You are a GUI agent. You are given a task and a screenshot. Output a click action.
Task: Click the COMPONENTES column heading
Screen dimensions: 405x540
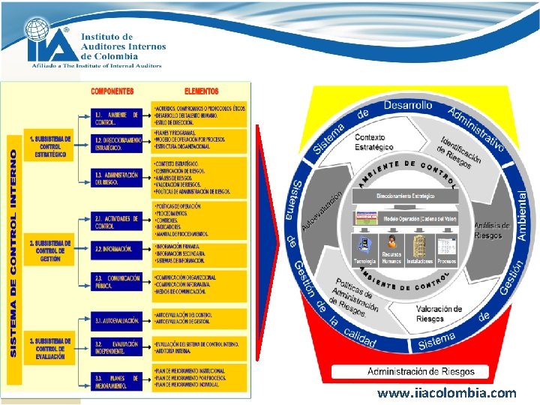coord(112,91)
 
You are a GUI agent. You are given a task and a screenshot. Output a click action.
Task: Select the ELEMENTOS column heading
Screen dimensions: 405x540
coord(200,91)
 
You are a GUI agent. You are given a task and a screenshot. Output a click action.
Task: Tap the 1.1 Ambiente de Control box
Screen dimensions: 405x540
coord(116,118)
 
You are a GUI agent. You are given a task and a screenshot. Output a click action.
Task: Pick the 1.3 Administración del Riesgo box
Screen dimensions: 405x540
coord(116,178)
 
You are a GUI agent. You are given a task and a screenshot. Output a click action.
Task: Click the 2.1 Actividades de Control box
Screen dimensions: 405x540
coord(116,222)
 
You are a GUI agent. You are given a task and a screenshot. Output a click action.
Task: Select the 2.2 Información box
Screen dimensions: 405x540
coord(116,248)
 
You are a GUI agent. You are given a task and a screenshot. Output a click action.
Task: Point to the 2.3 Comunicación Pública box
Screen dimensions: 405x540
coord(116,280)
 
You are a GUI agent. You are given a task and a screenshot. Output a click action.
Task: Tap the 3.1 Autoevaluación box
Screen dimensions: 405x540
coord(116,320)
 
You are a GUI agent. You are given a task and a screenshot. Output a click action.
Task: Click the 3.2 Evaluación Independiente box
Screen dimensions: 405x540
coord(116,346)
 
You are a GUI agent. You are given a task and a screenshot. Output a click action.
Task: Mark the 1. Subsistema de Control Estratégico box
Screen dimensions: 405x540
coord(50,146)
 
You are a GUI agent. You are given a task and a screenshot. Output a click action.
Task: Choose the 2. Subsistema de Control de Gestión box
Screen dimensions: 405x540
coord(50,250)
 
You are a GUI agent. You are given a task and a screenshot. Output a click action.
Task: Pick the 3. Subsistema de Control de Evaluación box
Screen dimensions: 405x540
coord(50,349)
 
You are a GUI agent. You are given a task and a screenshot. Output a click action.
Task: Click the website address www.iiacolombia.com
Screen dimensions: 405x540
coord(446,393)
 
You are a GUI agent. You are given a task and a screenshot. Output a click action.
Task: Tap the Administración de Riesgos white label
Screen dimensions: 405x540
coord(420,371)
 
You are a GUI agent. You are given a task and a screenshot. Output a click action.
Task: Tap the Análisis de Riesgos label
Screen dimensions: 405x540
coord(492,230)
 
